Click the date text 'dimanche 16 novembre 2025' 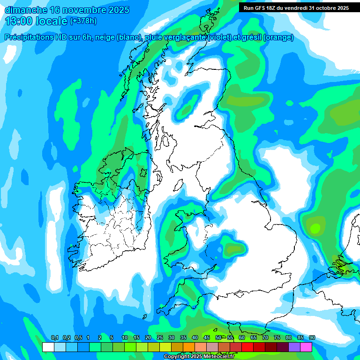67,10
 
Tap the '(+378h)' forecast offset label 83,21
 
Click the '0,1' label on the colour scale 54,338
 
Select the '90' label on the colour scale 312,338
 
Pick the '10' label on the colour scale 125,338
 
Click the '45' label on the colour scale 207,338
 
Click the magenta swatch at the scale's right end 306,347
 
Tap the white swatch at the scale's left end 48,347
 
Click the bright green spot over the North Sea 315,228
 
